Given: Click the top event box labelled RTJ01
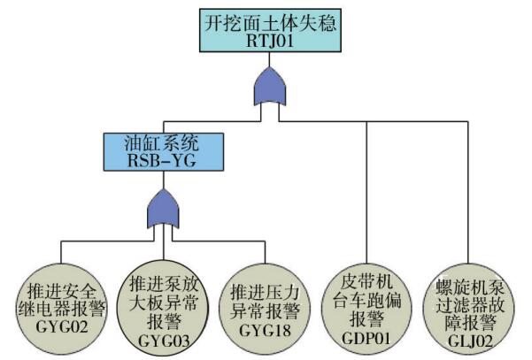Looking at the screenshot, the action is pyautogui.click(x=270, y=30).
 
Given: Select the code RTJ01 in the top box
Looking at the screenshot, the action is pyautogui.click(x=270, y=42).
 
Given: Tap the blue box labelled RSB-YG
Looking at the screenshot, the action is pyautogui.click(x=164, y=151).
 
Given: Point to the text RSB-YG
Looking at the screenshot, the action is pyautogui.click(x=162, y=160).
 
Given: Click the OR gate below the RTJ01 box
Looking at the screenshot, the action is pyautogui.click(x=270, y=87).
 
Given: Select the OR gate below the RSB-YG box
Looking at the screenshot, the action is pyautogui.click(x=163, y=209).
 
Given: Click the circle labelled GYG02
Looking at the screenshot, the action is pyautogui.click(x=61, y=310).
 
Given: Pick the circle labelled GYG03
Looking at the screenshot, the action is pyautogui.click(x=163, y=308).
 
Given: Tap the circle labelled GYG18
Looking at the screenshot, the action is pyautogui.click(x=265, y=310).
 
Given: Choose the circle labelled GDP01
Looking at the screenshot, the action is pyautogui.click(x=366, y=310).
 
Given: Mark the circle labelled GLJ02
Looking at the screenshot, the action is pyautogui.click(x=468, y=310).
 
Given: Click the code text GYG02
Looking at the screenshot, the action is pyautogui.click(x=61, y=327).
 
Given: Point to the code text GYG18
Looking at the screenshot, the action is pyautogui.click(x=265, y=331).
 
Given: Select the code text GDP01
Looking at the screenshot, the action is pyautogui.click(x=366, y=338).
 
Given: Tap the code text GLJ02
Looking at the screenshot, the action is pyautogui.click(x=470, y=341).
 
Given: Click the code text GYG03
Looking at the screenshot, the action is pyautogui.click(x=164, y=341).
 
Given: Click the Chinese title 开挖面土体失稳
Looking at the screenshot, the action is pyautogui.click(x=270, y=23).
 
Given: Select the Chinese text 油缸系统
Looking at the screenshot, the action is pyautogui.click(x=161, y=143).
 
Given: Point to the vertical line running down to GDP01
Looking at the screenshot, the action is pyautogui.click(x=366, y=193).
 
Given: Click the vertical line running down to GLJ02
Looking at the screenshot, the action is pyautogui.click(x=468, y=193).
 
